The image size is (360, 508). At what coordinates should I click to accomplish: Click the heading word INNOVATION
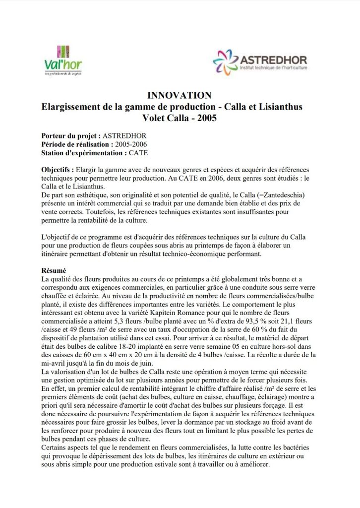coord(180,95)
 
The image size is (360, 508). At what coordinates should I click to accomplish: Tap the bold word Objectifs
coord(58,170)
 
